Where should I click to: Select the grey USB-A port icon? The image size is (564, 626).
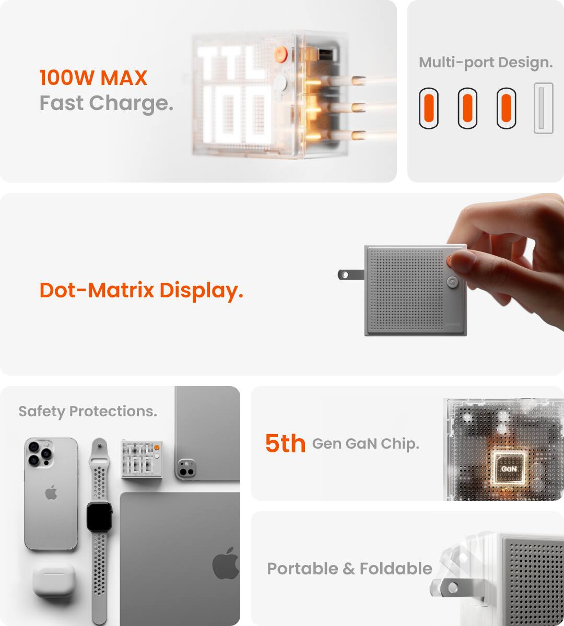click(x=544, y=108)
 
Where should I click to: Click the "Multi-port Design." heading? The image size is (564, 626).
click(x=486, y=63)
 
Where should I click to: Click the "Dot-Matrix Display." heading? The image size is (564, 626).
click(x=141, y=291)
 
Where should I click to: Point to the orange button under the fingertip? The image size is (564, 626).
click(x=449, y=261)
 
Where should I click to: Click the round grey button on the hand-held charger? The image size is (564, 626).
click(x=452, y=282)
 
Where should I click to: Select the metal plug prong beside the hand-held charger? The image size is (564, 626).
click(x=351, y=274)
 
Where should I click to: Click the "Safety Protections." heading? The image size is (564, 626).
click(x=88, y=411)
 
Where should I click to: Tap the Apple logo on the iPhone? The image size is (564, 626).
click(x=51, y=492)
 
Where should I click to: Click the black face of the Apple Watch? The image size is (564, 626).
click(x=99, y=516)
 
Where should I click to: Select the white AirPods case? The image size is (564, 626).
click(x=54, y=580)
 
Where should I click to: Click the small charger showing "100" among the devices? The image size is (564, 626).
click(x=142, y=459)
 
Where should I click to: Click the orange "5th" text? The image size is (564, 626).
click(x=285, y=443)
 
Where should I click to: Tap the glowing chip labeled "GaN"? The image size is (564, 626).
click(x=509, y=468)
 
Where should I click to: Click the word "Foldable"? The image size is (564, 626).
click(x=396, y=569)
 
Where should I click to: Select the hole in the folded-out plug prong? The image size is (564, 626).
click(x=453, y=588)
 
